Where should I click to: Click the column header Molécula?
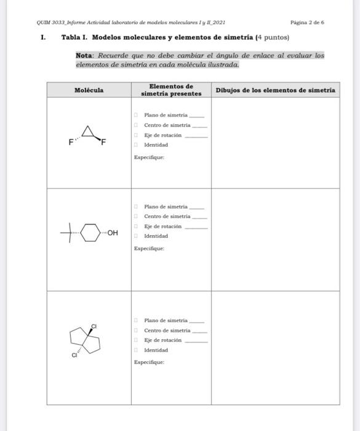pyautogui.click(x=89, y=91)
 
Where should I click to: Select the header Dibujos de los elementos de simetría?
pyautogui.click(x=275, y=91)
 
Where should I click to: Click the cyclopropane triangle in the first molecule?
pyautogui.click(x=90, y=131)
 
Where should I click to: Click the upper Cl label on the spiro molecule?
pyautogui.click(x=94, y=325)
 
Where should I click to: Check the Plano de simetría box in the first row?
pyautogui.click(x=136, y=115)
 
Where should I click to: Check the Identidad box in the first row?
pyautogui.click(x=136, y=145)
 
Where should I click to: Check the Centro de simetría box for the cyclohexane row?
pyautogui.click(x=136, y=217)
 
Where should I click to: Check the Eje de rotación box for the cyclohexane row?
pyautogui.click(x=136, y=227)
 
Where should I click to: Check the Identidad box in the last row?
pyautogui.click(x=136, y=350)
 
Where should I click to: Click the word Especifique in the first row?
pyautogui.click(x=148, y=158)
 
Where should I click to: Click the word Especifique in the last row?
pyautogui.click(x=148, y=363)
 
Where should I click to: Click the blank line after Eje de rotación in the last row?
pyautogui.click(x=196, y=340)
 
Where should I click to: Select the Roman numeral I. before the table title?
pyautogui.click(x=43, y=38)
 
